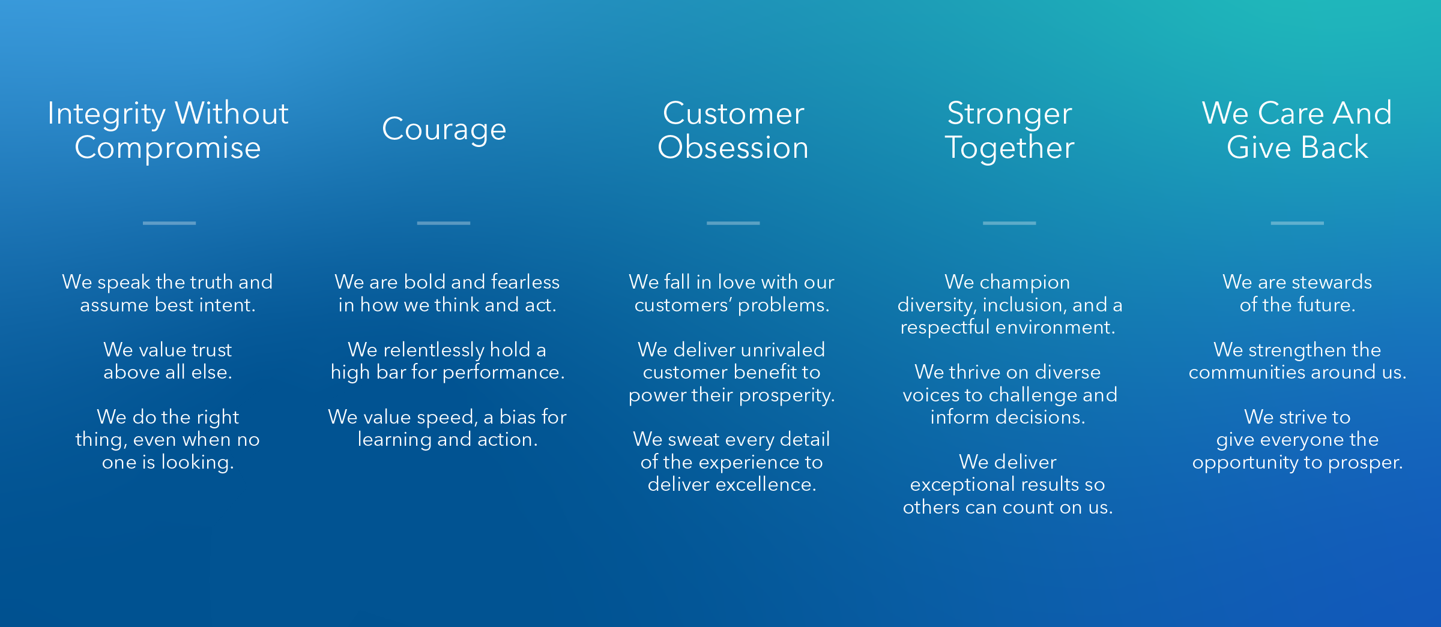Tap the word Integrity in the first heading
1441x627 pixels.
107,114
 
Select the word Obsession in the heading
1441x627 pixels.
733,148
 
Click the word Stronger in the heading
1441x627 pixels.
1009,114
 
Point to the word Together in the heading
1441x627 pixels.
1009,148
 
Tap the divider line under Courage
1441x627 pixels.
444,223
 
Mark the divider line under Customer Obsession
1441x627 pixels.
733,223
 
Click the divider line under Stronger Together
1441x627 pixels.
1009,223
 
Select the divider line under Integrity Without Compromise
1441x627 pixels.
169,223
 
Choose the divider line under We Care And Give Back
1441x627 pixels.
1298,223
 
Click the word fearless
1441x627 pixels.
525,282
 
